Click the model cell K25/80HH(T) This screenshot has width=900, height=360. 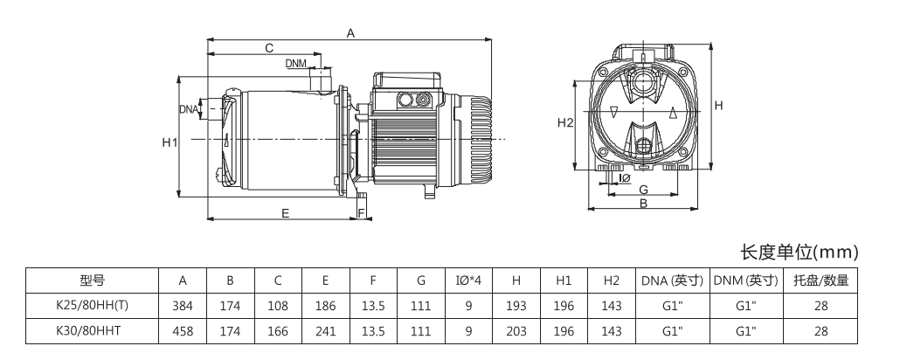(x=92, y=306)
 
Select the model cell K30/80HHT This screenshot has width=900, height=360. (x=92, y=331)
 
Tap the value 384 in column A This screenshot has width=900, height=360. (x=183, y=306)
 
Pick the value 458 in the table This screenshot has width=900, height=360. (x=183, y=331)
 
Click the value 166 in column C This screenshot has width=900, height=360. (x=278, y=331)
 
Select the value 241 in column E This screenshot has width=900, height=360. (x=325, y=331)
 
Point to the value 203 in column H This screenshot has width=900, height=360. (x=516, y=331)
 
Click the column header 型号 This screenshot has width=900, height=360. (x=92, y=280)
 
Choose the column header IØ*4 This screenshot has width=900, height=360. (x=469, y=280)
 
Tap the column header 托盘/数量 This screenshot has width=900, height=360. (x=820, y=280)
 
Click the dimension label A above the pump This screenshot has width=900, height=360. (x=350, y=33)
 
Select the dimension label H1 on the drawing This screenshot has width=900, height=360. (x=170, y=142)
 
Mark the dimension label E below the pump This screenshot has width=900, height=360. (x=285, y=212)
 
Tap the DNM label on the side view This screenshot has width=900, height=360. (x=295, y=64)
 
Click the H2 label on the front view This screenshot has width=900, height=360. (x=564, y=123)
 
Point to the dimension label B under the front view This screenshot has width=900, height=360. (x=642, y=204)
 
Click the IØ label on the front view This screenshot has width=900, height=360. (x=624, y=178)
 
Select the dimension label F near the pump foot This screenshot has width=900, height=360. (x=360, y=212)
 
